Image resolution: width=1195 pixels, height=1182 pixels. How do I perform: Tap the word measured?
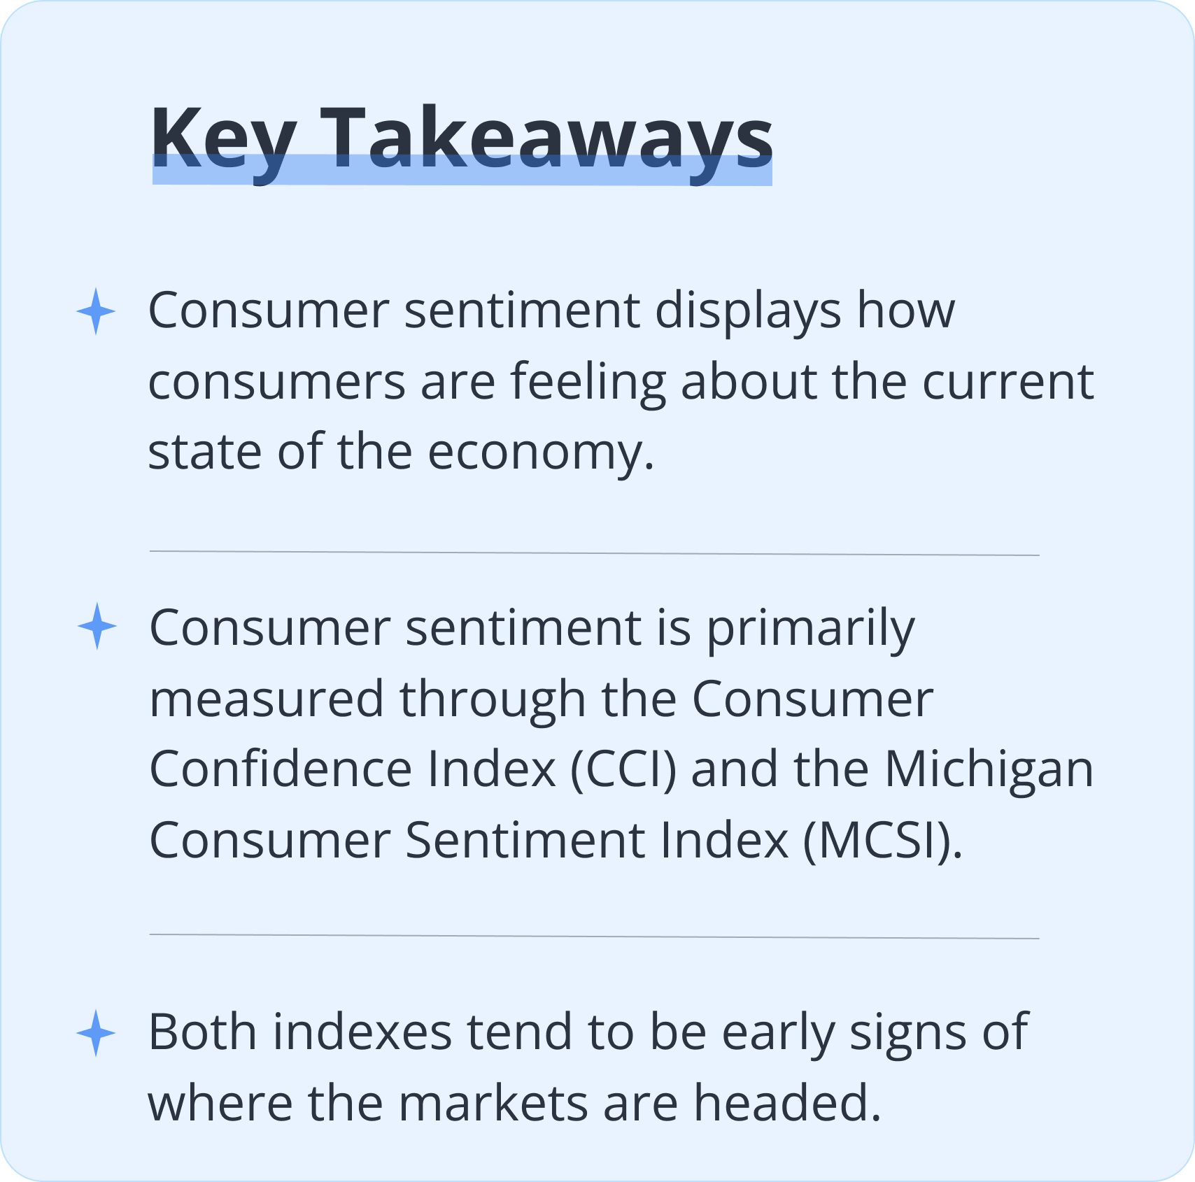[267, 699]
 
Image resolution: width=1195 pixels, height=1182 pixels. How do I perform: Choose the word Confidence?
[281, 769]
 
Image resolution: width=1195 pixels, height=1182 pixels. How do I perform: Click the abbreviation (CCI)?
[624, 770]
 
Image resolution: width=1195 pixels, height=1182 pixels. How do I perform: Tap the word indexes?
[362, 1032]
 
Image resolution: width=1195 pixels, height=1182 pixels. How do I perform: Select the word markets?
[493, 1103]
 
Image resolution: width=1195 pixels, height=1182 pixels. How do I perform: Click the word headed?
[787, 1103]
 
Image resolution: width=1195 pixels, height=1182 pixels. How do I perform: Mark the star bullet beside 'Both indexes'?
[96, 1033]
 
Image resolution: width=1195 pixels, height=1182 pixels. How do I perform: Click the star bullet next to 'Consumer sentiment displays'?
[96, 311]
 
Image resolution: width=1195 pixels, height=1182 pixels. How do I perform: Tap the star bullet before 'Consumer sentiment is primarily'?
[97, 626]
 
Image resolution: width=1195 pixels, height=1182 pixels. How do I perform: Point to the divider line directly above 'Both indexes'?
[594, 937]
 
